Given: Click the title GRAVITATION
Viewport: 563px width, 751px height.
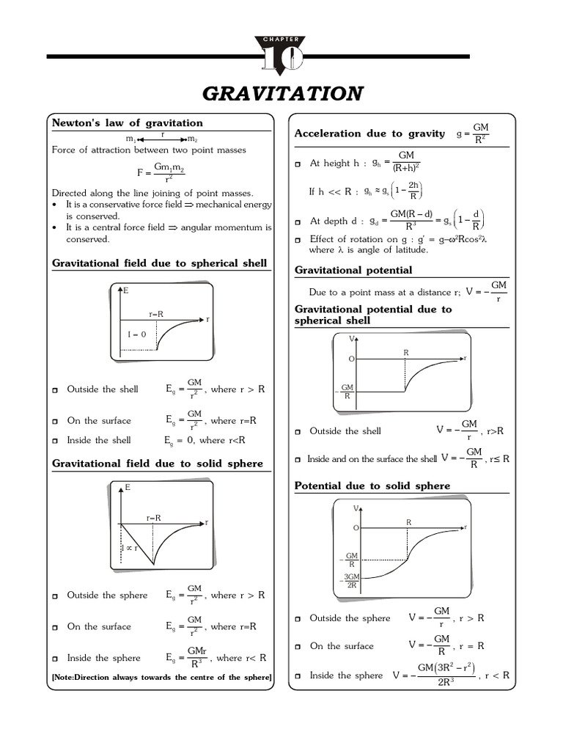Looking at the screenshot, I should [x=282, y=94].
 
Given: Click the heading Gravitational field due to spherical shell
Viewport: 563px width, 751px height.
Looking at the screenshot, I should [x=159, y=263].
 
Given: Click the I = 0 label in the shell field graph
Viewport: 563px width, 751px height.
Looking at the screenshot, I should [x=137, y=334].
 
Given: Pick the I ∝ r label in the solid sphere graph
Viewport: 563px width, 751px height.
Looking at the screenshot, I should [x=130, y=548].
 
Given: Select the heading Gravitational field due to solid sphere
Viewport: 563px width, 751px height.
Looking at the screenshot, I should [x=157, y=464].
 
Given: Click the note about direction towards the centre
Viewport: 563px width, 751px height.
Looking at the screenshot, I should [x=161, y=677].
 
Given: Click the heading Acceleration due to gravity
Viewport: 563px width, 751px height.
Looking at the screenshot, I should [x=369, y=133].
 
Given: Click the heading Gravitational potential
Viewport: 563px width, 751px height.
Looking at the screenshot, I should [x=353, y=270].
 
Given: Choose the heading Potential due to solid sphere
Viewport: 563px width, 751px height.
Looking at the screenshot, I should [x=372, y=486].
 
